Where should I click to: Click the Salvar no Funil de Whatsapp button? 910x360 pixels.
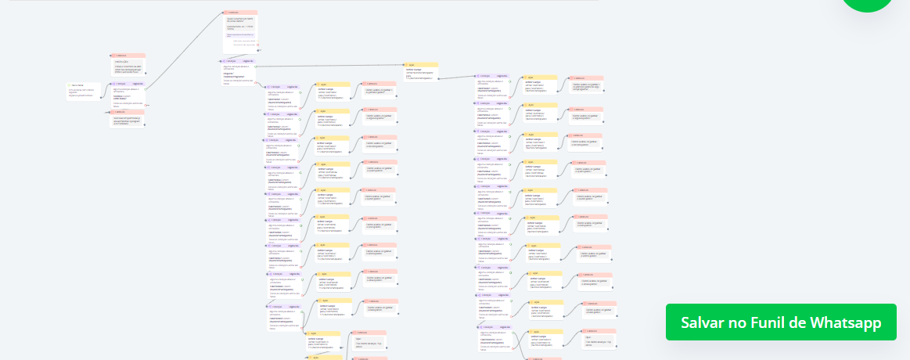pyautogui.click(x=781, y=322)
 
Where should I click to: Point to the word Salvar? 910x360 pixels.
pyautogui.click(x=702, y=322)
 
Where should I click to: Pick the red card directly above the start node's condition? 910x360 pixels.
pyautogui.click(x=128, y=66)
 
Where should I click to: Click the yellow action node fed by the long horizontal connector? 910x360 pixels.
pyautogui.click(x=421, y=72)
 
